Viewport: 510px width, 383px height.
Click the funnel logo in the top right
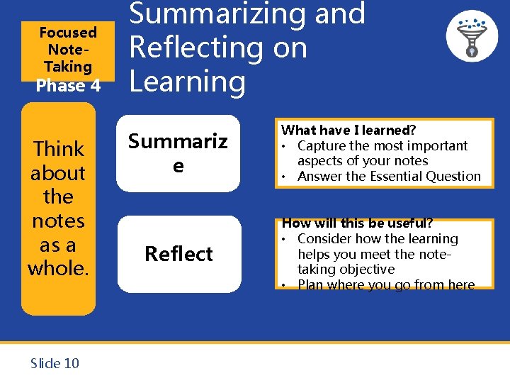(x=471, y=35)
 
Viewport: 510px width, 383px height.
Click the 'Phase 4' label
(x=68, y=86)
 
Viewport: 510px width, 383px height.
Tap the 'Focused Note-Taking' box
(x=68, y=49)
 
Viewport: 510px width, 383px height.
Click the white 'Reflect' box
(x=178, y=254)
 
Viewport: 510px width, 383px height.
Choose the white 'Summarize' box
(x=178, y=153)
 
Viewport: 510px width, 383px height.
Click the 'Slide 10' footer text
(x=55, y=363)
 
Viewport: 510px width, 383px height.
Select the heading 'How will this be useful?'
(x=357, y=223)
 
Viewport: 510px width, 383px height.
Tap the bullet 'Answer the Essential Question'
(x=389, y=177)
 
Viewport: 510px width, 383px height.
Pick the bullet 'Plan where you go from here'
(x=386, y=285)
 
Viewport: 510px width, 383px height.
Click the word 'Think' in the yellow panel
(x=59, y=149)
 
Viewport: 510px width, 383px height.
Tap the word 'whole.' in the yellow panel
(x=58, y=268)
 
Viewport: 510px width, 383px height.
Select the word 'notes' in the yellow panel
(x=58, y=221)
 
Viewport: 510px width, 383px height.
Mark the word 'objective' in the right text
(x=366, y=270)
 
